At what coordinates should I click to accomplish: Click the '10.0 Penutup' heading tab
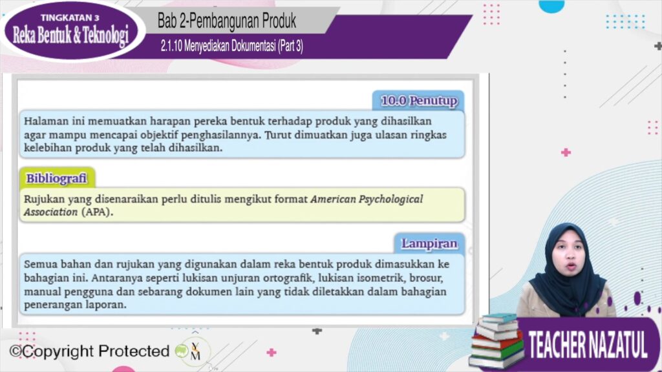point(418,100)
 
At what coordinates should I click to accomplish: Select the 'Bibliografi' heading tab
point(57,178)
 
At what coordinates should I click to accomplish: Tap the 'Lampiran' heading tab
point(429,243)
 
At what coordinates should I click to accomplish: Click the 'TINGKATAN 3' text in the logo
point(70,17)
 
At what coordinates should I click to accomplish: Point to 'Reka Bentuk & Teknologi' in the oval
point(70,36)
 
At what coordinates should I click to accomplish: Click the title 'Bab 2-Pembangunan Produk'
point(227,21)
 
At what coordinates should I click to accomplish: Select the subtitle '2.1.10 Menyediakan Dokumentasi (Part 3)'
point(232,46)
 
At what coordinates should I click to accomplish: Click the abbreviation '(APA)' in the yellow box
point(97,212)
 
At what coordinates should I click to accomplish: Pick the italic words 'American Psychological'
point(367,199)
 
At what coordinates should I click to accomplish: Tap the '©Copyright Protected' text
point(89,351)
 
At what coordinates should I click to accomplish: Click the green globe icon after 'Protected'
point(182,351)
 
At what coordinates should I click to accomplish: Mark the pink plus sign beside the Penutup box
point(566,152)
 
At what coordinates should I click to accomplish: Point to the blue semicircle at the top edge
point(551,5)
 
